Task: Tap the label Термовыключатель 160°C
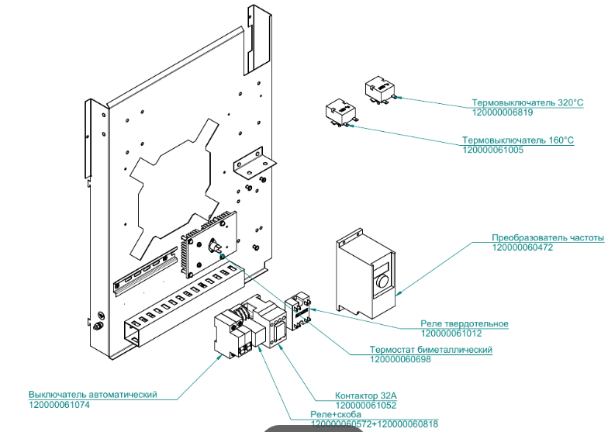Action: click(518, 140)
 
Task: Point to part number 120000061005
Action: click(492, 150)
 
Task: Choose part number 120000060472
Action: click(523, 247)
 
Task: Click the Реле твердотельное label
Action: click(465, 323)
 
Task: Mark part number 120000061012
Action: click(451, 334)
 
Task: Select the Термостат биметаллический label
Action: click(431, 350)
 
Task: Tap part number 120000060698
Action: click(400, 359)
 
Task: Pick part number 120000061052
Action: click(366, 405)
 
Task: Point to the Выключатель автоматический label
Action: click(93, 395)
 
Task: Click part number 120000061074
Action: click(60, 405)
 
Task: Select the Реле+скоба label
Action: click(336, 415)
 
